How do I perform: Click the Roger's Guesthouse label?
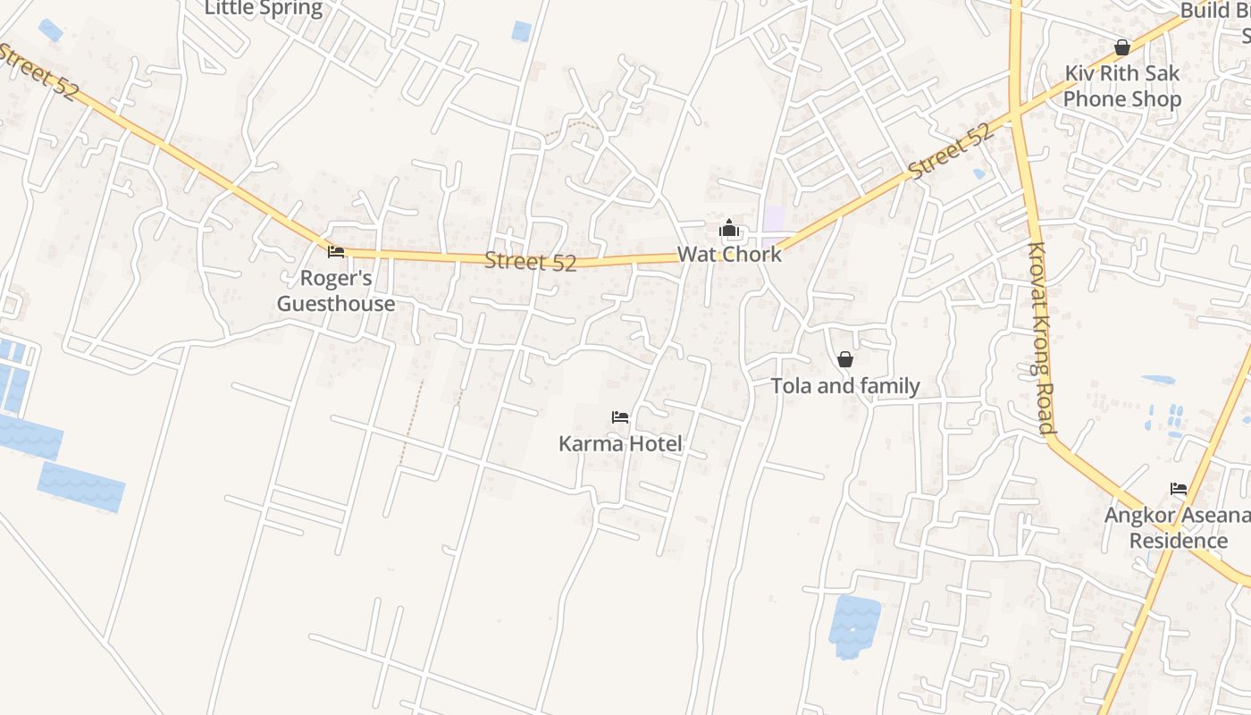[336, 290]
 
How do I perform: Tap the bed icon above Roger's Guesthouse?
[336, 252]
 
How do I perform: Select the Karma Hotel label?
[620, 443]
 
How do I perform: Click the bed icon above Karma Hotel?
[620, 417]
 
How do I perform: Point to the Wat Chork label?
[729, 254]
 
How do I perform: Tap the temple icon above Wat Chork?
[729, 228]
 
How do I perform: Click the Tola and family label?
[845, 386]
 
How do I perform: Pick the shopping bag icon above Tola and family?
[845, 359]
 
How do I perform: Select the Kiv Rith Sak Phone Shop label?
[1122, 86]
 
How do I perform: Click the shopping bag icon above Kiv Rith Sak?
[1122, 47]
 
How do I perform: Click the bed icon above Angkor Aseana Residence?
[1179, 489]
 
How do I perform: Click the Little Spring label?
[264, 9]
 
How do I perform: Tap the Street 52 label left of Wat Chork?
[531, 262]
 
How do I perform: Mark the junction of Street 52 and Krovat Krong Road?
[1016, 113]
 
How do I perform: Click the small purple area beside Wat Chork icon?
[773, 218]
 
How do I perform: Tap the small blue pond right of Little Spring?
[521, 31]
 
